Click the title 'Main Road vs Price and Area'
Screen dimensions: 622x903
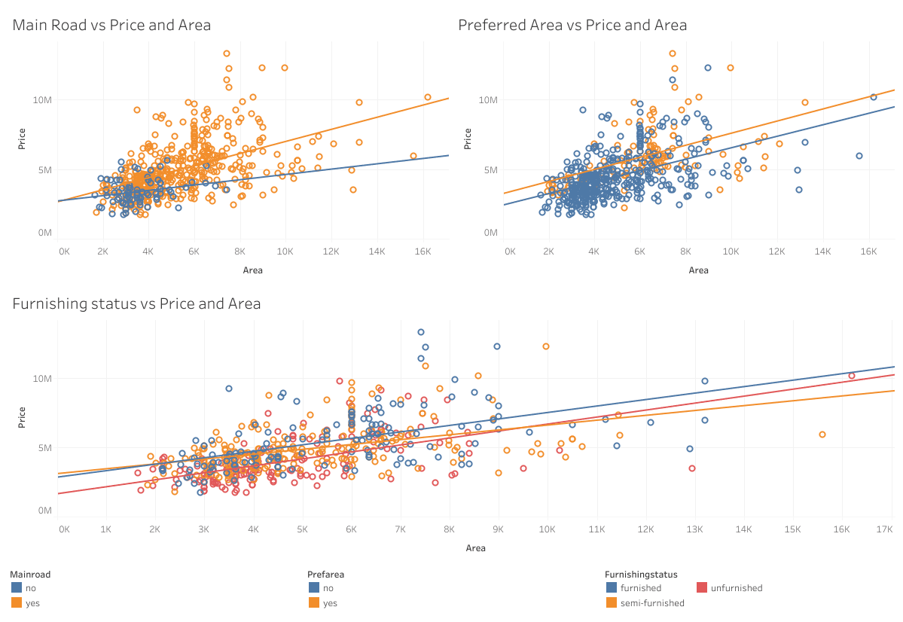point(111,26)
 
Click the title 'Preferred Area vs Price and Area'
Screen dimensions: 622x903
point(572,26)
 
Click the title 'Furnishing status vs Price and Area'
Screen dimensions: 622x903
point(136,304)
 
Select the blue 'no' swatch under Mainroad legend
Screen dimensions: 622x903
point(17,587)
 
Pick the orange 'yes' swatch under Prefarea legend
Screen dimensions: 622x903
point(314,602)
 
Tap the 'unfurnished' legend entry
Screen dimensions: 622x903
point(729,588)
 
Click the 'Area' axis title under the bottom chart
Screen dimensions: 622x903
point(475,548)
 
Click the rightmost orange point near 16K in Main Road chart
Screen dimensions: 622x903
point(427,97)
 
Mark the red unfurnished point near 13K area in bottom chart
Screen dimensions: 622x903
point(691,468)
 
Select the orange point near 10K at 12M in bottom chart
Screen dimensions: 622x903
point(546,346)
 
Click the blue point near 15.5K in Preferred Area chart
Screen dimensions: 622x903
point(859,156)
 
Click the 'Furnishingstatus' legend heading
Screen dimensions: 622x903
point(641,574)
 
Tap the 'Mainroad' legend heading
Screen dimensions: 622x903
point(30,574)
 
